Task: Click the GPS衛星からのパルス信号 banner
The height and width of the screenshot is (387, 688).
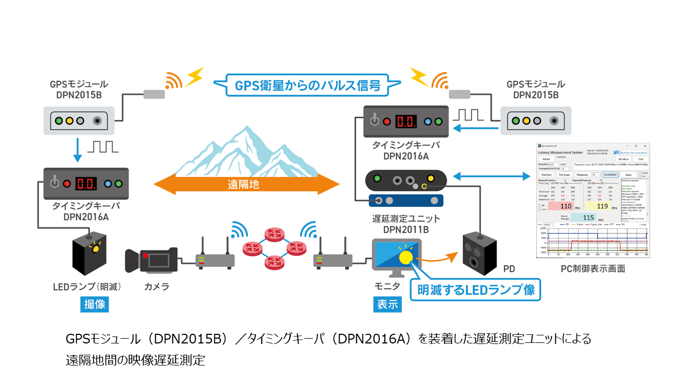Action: tap(307, 86)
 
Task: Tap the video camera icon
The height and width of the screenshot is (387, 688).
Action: tap(151, 260)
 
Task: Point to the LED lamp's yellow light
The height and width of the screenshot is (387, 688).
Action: tap(97, 248)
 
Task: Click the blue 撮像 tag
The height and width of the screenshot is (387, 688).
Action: tap(95, 304)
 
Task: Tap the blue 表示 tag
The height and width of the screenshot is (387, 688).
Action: tap(387, 304)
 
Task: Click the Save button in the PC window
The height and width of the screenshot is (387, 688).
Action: tap(628, 175)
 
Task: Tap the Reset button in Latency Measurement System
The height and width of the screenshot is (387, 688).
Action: tap(546, 159)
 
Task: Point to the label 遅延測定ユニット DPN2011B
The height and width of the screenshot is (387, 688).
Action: tap(406, 223)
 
